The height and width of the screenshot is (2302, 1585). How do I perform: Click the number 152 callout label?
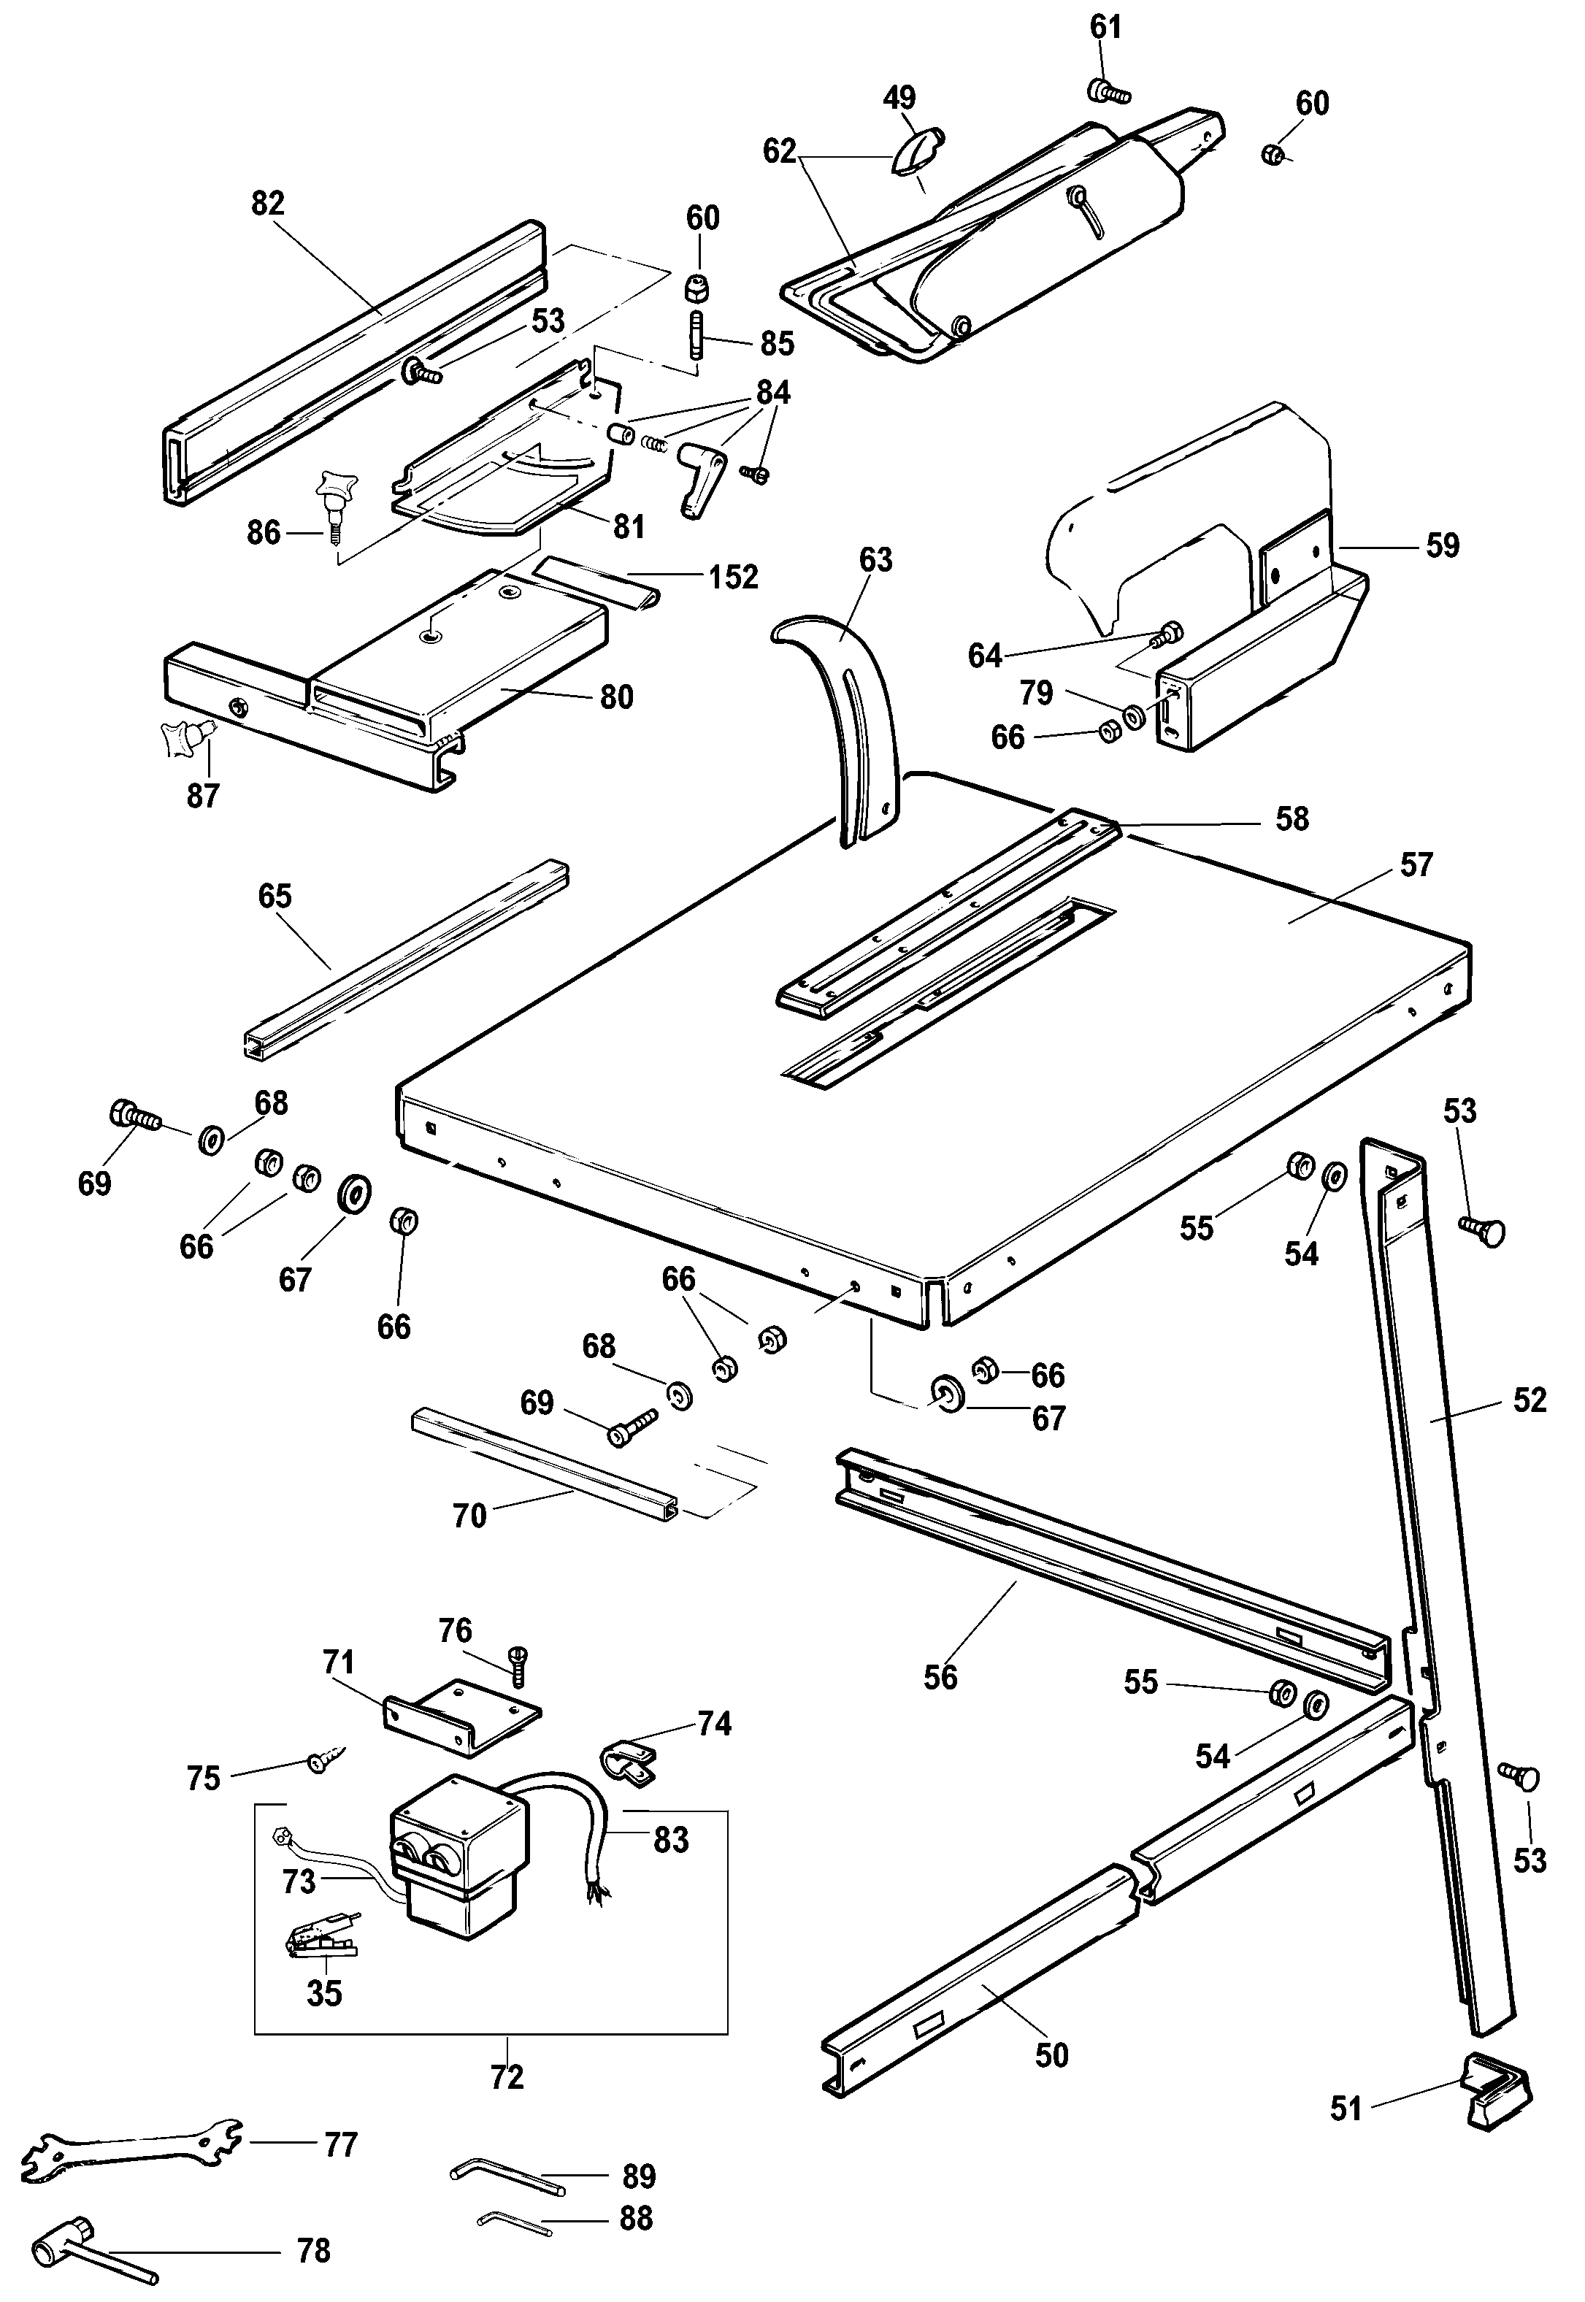coord(733,577)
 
